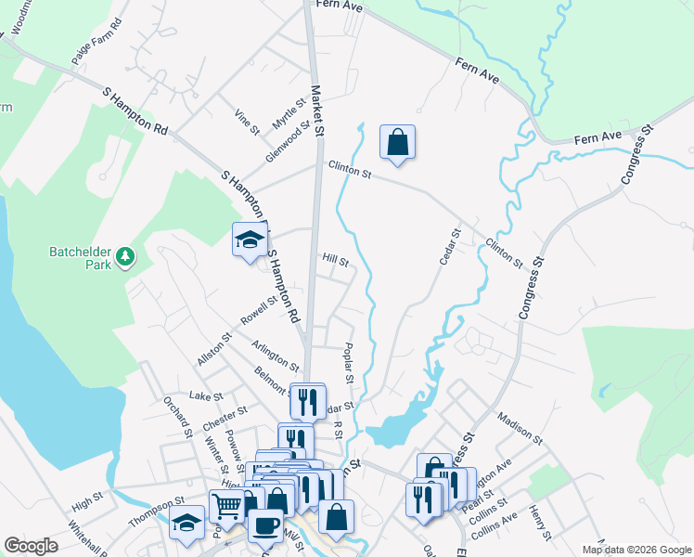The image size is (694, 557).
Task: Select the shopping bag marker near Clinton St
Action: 397,143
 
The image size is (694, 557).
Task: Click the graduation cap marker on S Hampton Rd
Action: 249,240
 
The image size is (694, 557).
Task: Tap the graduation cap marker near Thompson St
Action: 186,522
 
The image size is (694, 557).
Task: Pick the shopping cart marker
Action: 226,506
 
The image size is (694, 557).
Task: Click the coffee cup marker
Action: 267,525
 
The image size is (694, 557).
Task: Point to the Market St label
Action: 316,111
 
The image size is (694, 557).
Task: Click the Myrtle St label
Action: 289,115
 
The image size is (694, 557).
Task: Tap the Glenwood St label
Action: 287,143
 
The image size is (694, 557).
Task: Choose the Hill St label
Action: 335,262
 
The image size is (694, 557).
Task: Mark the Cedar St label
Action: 450,247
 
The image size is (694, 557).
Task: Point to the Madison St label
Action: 519,427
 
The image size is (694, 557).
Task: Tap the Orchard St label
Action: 176,416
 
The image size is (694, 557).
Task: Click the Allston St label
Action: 212,350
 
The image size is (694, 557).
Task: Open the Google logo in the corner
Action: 31,546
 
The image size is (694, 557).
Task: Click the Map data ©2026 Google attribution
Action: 636,550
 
